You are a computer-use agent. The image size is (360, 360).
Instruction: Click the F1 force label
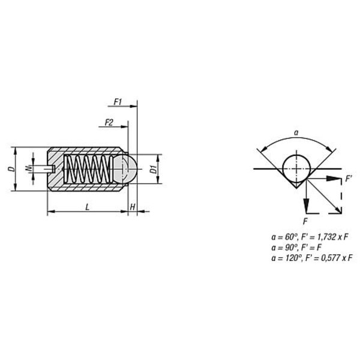tap(118, 102)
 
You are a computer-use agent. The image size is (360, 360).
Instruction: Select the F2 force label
tap(109, 123)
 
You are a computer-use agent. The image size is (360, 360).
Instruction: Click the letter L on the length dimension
tap(87, 208)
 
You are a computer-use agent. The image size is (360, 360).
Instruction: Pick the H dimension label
tap(133, 207)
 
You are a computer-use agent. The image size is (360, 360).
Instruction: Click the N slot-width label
tap(28, 169)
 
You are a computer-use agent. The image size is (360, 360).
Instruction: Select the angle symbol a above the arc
tap(296, 133)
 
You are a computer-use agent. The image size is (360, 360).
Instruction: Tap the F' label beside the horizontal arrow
tap(349, 179)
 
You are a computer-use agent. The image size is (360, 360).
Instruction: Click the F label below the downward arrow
tap(305, 221)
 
